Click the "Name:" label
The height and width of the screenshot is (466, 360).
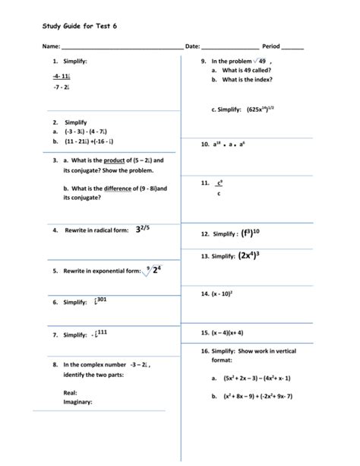[x=52, y=46]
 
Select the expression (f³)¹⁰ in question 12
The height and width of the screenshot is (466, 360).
[x=251, y=233]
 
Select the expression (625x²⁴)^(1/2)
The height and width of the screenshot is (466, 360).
[x=263, y=109]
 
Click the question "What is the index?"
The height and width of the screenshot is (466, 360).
[x=247, y=80]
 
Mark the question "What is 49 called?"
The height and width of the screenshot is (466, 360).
[x=248, y=70]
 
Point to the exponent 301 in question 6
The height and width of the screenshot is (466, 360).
[x=102, y=300]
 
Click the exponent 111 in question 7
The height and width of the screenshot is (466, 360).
[x=102, y=332]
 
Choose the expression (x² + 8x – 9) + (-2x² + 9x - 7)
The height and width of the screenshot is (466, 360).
[x=257, y=396]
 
